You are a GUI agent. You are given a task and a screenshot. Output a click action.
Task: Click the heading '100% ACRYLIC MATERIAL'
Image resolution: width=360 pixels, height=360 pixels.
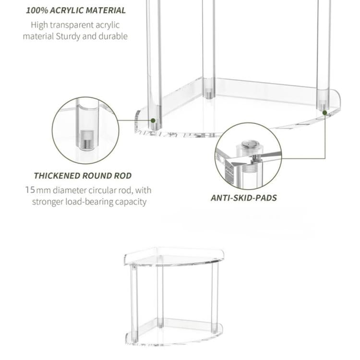76,10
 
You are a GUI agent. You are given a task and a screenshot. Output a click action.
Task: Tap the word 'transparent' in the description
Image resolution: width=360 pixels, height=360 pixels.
75,25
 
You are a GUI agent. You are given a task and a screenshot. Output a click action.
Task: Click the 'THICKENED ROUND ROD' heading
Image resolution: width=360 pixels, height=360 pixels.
83,176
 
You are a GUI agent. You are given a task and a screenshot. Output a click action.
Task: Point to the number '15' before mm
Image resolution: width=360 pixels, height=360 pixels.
30,190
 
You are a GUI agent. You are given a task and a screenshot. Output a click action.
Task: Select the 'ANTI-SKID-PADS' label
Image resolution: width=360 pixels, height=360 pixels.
244,198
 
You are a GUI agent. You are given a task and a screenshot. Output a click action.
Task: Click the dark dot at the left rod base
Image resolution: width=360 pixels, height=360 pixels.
153,121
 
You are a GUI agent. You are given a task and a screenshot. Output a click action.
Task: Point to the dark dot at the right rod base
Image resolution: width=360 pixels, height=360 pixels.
325,113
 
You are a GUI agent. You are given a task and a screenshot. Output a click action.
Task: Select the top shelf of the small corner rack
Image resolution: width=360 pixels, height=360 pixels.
174,257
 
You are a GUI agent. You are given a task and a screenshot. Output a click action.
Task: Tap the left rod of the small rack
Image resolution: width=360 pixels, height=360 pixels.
135,302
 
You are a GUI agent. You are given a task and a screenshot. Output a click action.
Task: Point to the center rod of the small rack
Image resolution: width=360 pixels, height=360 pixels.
160,293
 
